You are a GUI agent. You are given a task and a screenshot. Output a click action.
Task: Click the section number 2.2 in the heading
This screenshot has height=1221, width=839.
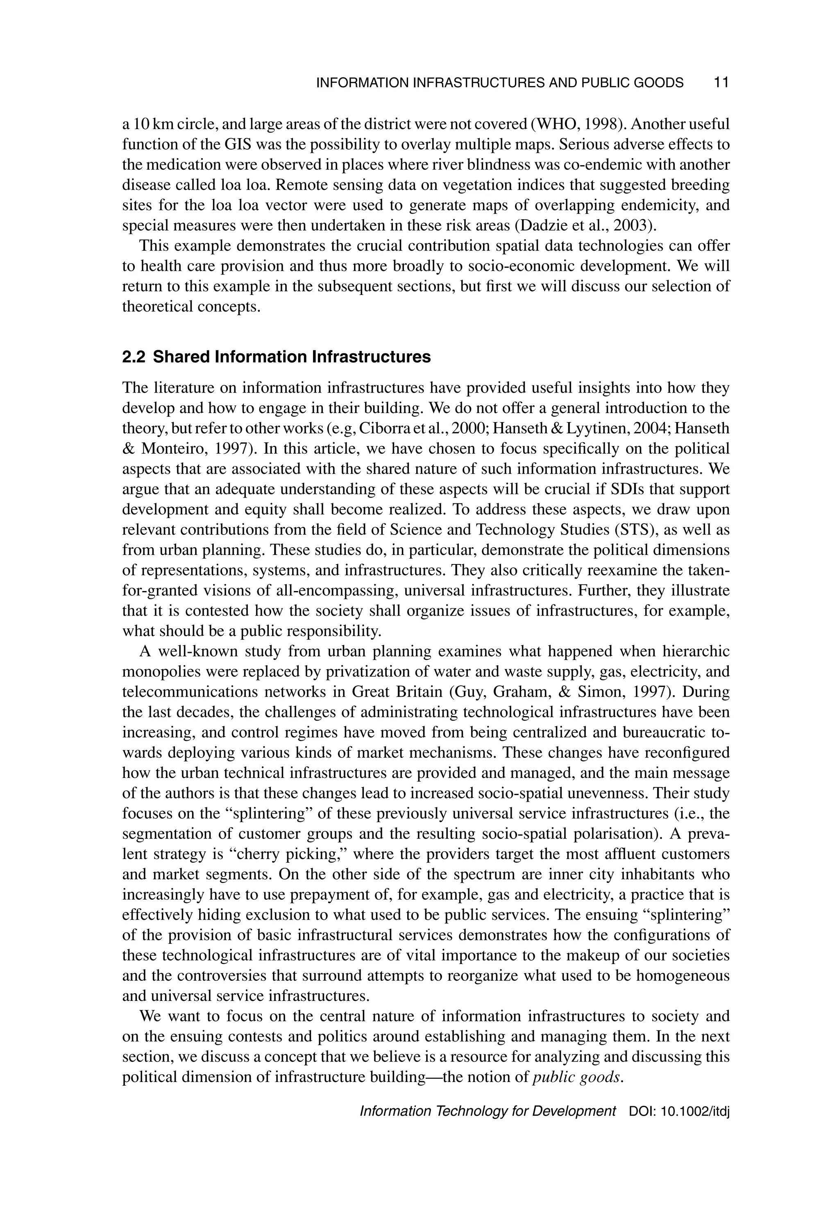pyautogui.click(x=135, y=357)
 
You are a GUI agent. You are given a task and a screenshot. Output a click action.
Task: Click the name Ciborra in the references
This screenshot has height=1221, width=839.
pyautogui.click(x=381, y=429)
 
